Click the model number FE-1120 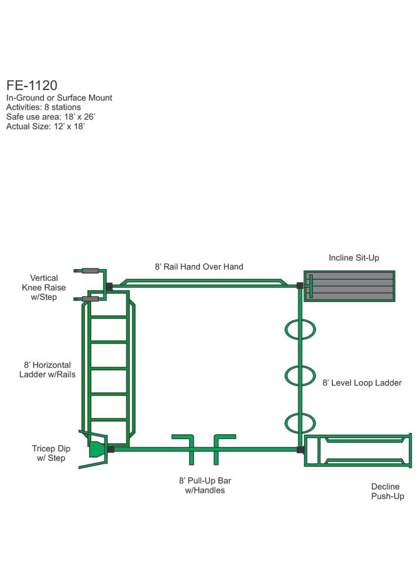[32, 85]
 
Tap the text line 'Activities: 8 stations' [44, 107]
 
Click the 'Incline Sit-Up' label [354, 258]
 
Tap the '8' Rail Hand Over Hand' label [199, 267]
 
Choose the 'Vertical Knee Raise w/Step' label [44, 287]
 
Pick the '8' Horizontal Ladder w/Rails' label [47, 368]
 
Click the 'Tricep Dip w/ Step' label [48, 453]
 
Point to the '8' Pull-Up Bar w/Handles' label [205, 485]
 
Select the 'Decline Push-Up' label [388, 491]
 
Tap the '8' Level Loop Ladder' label [362, 383]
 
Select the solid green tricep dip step [95, 449]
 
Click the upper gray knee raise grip [90, 271]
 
